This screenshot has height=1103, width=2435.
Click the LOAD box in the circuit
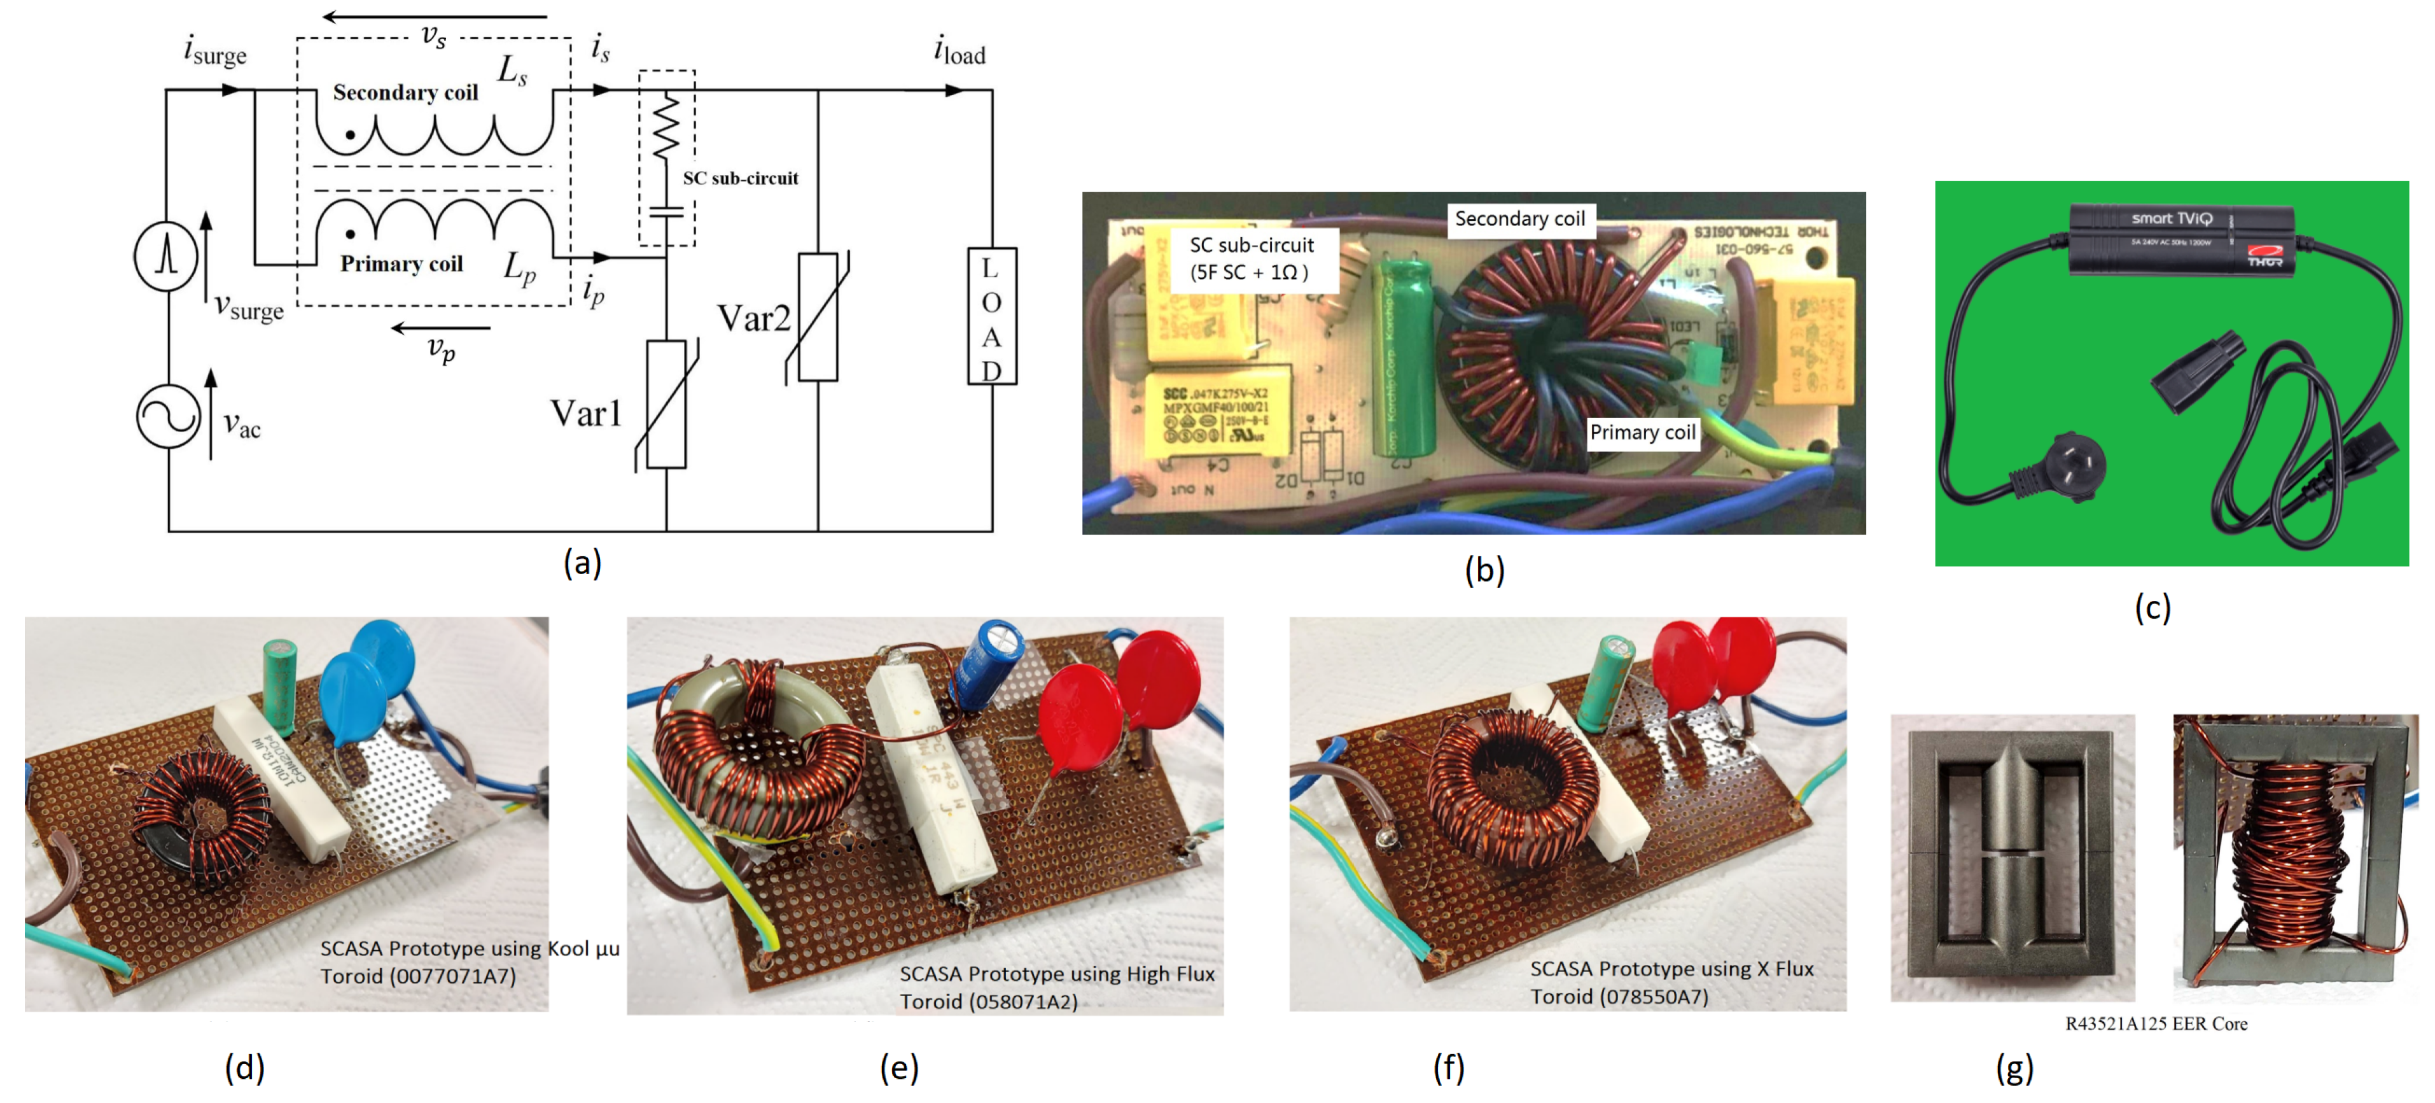pyautogui.click(x=991, y=316)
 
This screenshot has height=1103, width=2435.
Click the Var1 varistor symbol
pyautogui.click(x=666, y=405)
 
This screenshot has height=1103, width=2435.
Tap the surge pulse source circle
pyautogui.click(x=166, y=256)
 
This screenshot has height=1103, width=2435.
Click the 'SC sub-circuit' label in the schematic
pyautogui.click(x=740, y=178)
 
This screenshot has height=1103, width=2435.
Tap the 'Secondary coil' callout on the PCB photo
pyautogui.click(x=1519, y=218)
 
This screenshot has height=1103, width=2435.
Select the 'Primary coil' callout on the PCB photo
pyautogui.click(x=1642, y=432)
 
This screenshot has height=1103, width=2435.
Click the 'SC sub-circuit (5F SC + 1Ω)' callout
pyautogui.click(x=1250, y=258)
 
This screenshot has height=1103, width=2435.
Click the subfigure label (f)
pyautogui.click(x=1448, y=1067)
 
